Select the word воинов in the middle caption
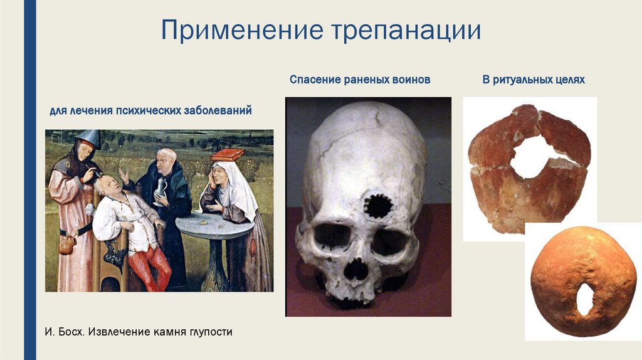[x=411, y=80]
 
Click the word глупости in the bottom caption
[x=209, y=331]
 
